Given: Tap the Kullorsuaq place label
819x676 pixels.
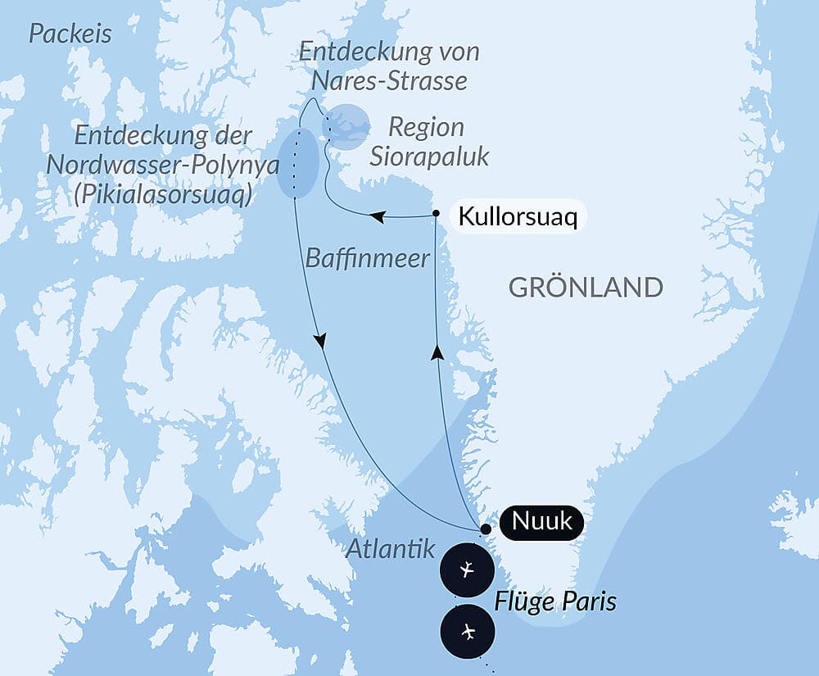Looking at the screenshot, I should coord(518,217).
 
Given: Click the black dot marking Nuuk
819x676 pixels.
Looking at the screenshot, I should coord(486,529).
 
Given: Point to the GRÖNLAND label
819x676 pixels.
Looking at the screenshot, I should coord(585,288).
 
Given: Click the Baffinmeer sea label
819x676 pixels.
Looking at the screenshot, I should coord(367,259).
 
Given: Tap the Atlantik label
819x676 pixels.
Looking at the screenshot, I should coord(390,550).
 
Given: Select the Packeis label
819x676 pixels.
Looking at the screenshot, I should coord(70,34).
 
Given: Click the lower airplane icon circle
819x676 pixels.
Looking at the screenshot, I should coord(467,632).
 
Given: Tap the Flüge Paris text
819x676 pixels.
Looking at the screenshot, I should coord(555,602).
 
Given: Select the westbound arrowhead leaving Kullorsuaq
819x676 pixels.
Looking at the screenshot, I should coord(377,217).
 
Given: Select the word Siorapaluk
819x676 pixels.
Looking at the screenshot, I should coord(428,156).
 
